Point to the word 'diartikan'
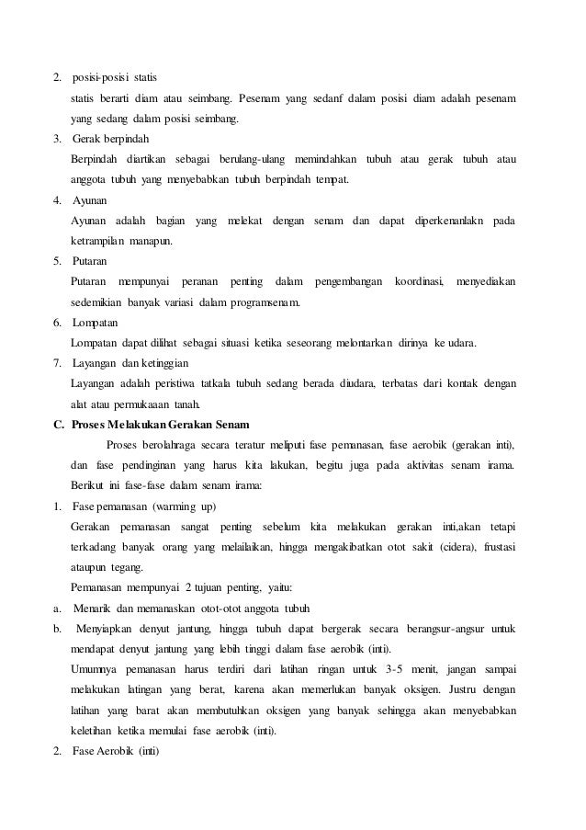coord(142,160)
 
